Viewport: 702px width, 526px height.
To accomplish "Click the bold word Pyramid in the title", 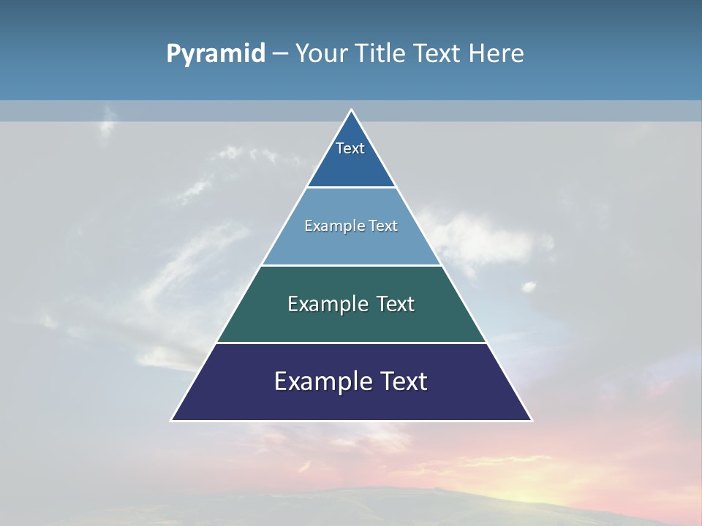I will [216, 54].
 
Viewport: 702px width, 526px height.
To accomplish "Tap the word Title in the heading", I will [382, 54].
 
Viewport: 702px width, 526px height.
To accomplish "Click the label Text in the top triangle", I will [350, 148].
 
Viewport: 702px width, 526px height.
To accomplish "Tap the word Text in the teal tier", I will [396, 304].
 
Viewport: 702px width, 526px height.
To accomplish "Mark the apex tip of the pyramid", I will [352, 110].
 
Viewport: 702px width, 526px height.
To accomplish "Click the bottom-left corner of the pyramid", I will [172, 420].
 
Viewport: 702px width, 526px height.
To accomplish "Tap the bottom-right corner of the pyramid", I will [531, 420].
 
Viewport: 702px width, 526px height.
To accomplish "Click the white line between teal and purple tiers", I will [351, 343].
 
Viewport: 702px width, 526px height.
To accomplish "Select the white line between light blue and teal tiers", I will [351, 265].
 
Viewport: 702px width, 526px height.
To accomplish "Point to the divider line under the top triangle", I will [351, 188].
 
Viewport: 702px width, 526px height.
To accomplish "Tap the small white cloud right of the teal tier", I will [528, 286].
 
